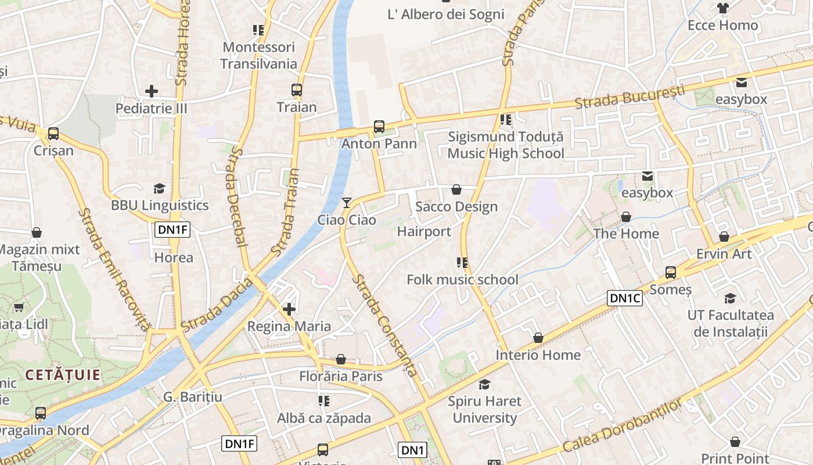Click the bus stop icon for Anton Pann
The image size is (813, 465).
379,126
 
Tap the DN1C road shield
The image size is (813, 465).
625,298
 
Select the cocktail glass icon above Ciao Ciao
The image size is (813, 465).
347,203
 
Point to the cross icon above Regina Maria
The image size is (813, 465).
289,309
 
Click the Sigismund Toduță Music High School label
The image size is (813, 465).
506,145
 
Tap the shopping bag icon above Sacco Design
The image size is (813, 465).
456,189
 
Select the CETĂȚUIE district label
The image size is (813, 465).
63,375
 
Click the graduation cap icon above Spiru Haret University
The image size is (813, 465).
484,384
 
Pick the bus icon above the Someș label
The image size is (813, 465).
671,272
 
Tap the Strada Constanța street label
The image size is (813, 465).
384,325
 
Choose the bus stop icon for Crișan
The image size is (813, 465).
53,134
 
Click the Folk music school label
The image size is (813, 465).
462,280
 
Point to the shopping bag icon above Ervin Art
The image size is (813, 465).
724,237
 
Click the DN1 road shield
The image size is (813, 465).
413,449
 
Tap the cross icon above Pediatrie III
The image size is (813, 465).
152,91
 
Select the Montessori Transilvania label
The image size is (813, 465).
258,55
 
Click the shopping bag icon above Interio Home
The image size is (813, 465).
538,338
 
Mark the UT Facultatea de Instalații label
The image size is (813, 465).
731,323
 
